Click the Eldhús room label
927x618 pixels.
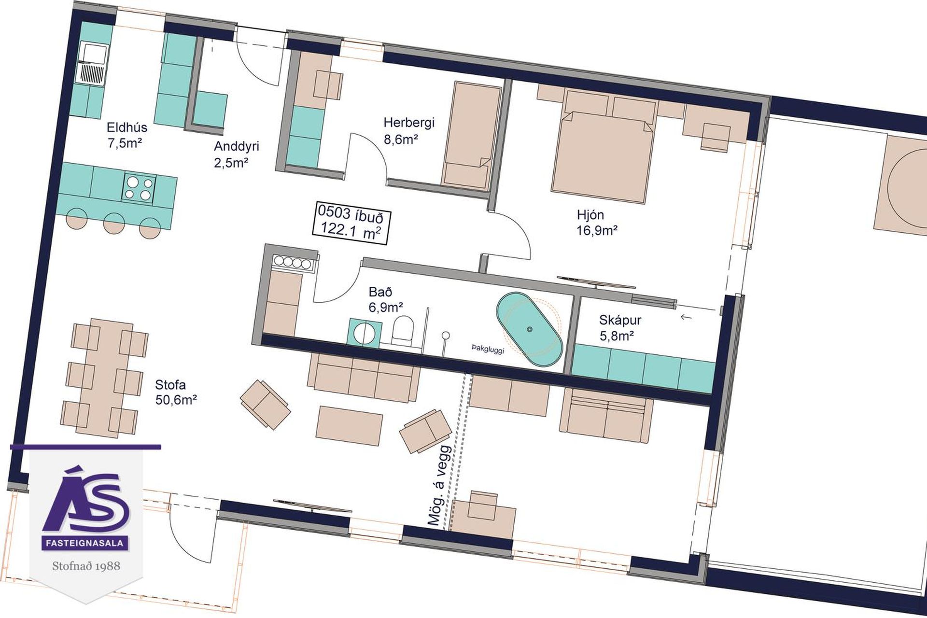pyautogui.click(x=126, y=135)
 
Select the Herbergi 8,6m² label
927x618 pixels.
pyautogui.click(x=408, y=130)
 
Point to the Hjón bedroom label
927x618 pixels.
pyautogui.click(x=597, y=222)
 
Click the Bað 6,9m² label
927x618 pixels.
pyautogui.click(x=386, y=299)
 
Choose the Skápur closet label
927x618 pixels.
pyautogui.click(x=620, y=327)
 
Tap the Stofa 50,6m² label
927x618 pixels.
pyautogui.click(x=176, y=392)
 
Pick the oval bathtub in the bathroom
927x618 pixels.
pyautogui.click(x=530, y=330)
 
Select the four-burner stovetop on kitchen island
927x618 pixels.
pyautogui.click(x=139, y=187)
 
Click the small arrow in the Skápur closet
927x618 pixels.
pyautogui.click(x=686, y=317)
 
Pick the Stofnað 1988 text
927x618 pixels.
pyautogui.click(x=86, y=565)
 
